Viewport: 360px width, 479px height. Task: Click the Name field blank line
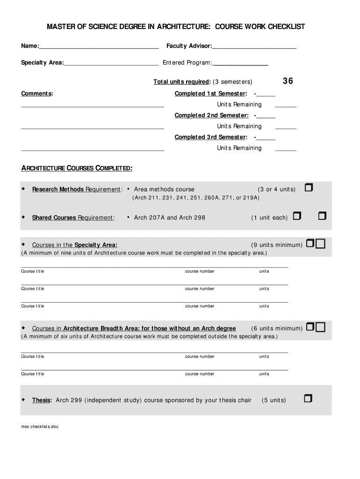click(99, 48)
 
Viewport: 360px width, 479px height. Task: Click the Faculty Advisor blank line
click(254, 48)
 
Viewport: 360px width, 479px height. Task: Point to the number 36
click(288, 81)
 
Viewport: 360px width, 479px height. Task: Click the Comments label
click(37, 94)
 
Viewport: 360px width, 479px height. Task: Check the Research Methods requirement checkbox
click(309, 188)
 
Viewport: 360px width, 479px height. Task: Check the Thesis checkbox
click(308, 399)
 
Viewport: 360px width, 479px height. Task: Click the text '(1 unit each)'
click(269, 218)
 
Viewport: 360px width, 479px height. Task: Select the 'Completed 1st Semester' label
click(210, 94)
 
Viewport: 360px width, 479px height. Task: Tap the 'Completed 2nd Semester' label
click(211, 116)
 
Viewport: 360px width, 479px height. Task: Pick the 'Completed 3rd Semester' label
click(211, 137)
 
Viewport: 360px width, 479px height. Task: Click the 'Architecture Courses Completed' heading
click(77, 168)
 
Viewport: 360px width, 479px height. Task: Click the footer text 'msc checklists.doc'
click(40, 427)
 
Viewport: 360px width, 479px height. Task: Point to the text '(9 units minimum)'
click(277, 245)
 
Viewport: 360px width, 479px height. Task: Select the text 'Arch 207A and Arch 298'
click(170, 218)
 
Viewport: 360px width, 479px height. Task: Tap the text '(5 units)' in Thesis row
click(274, 400)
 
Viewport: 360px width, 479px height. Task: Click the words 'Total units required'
click(181, 82)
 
